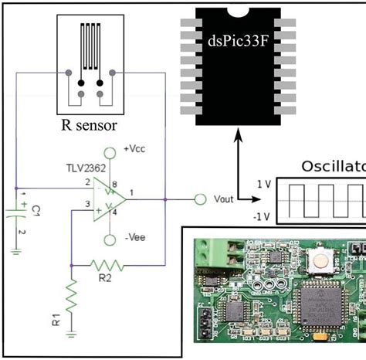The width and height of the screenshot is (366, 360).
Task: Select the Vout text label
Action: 223,199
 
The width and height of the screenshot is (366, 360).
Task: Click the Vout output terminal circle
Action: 201,199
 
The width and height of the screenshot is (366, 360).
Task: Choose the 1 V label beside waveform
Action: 263,185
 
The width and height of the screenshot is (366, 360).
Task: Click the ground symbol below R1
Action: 72,334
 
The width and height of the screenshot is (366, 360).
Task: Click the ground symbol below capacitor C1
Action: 16,250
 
